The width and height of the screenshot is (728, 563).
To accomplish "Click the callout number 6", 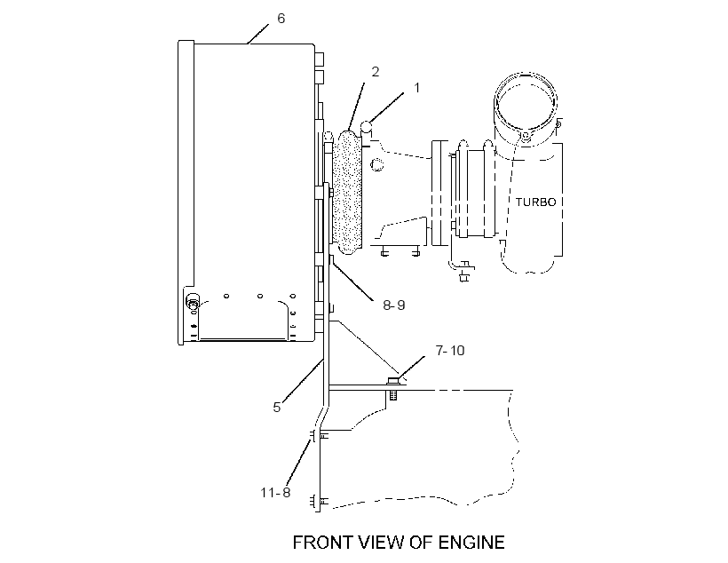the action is pyautogui.click(x=281, y=19).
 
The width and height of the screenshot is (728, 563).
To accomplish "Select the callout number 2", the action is pyautogui.click(x=376, y=72).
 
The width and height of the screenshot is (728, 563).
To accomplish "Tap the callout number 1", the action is pyautogui.click(x=416, y=88).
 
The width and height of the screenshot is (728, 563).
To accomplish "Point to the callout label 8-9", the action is pyautogui.click(x=393, y=305).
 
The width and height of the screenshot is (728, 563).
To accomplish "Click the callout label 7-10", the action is pyautogui.click(x=450, y=350).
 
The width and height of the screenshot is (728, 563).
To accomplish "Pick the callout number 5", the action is pyautogui.click(x=277, y=408).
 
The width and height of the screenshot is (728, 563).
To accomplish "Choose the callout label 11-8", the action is pyautogui.click(x=275, y=492).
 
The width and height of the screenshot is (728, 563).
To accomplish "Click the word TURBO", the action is pyautogui.click(x=535, y=202).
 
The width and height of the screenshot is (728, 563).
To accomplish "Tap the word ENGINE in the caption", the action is pyautogui.click(x=471, y=543).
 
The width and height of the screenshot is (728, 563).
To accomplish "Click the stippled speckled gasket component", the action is pyautogui.click(x=347, y=193).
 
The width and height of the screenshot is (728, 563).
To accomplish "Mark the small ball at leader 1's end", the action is pyautogui.click(x=367, y=126).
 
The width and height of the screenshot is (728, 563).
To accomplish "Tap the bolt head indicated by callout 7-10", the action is pyautogui.click(x=392, y=381).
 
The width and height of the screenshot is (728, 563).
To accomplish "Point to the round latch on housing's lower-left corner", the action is pyautogui.click(x=193, y=301).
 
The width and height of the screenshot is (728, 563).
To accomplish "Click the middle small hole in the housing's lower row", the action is pyautogui.click(x=260, y=296).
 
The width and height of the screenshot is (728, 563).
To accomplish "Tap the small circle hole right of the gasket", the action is pyautogui.click(x=377, y=164).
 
